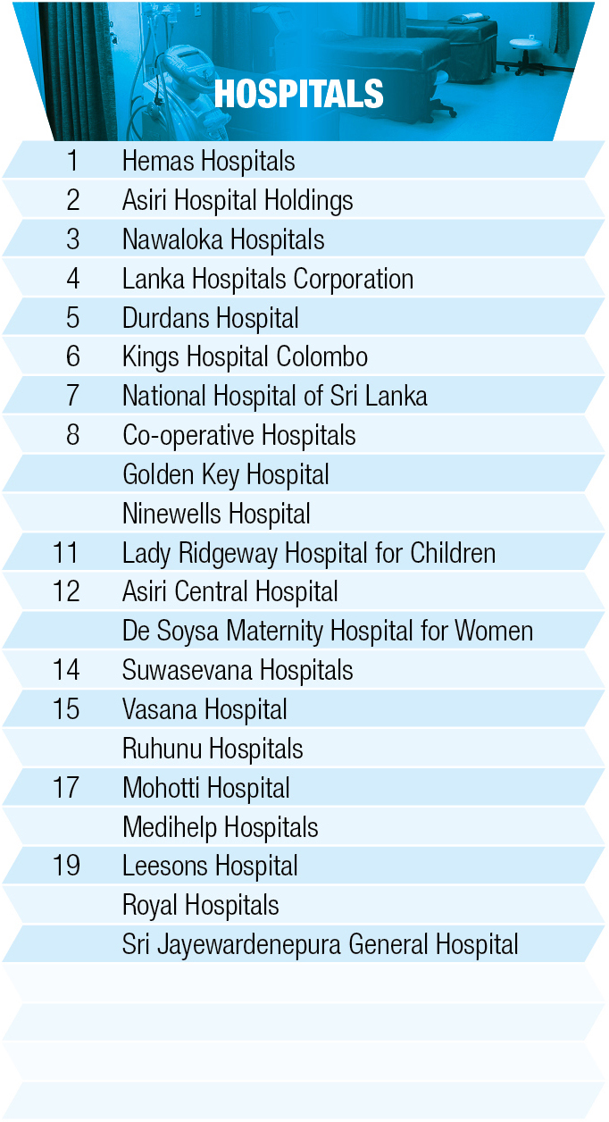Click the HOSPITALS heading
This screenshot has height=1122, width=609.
pos(299,94)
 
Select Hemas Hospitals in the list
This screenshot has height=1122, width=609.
pos(208,162)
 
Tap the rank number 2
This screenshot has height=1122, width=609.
pos(73,201)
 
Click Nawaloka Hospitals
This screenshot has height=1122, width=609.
pos(223,240)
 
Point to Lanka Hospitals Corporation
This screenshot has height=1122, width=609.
pos(267,280)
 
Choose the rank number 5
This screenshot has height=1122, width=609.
pos(73,319)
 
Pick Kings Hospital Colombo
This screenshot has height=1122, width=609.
pos(245,357)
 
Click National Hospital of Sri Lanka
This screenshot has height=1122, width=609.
pos(274,397)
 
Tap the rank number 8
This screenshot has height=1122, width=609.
pos(73,436)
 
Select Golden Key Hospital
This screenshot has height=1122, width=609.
pos(225,475)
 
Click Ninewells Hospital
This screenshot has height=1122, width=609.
pos(216,515)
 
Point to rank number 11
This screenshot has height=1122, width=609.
pos(66,553)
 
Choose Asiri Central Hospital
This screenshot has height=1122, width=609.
pos(229,592)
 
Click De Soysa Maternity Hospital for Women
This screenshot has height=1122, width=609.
pos(327,632)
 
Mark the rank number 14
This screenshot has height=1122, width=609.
pos(66,671)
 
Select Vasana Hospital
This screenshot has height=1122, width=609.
pos(204,710)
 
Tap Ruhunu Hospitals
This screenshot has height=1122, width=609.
pos(213,749)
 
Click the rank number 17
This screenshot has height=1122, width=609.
pos(66,788)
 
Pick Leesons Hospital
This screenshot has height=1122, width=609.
pos(210,867)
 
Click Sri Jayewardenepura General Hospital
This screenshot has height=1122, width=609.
pos(320,945)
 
